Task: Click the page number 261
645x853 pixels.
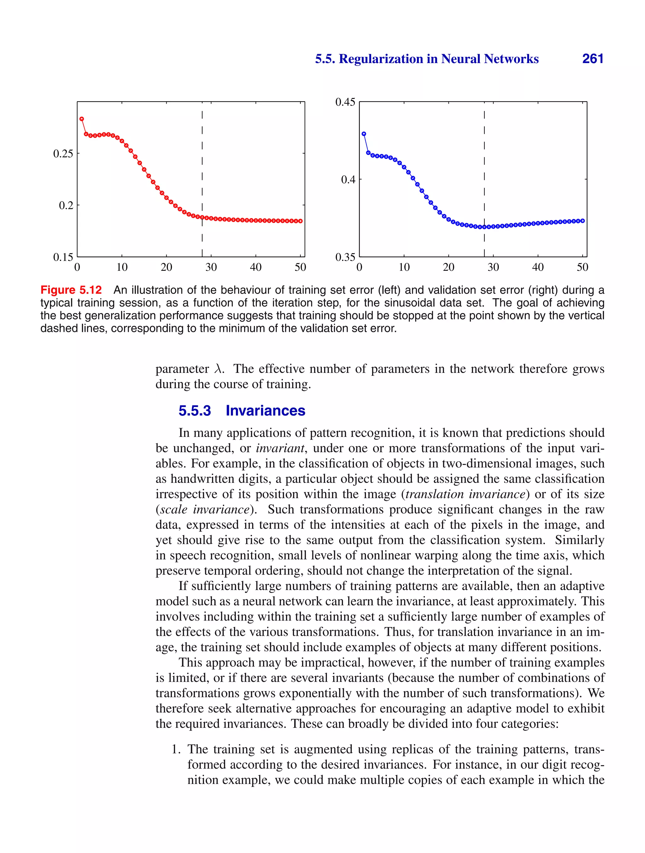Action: tap(593, 59)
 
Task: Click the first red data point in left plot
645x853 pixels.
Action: tap(82, 119)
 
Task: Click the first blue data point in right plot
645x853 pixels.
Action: tap(364, 134)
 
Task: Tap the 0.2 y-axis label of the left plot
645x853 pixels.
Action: tap(66, 206)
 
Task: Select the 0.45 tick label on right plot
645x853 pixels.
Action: tap(345, 102)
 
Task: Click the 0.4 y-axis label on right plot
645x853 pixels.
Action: tap(348, 180)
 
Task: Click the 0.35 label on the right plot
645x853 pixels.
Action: tap(345, 257)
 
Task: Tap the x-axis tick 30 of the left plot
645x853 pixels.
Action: tap(211, 267)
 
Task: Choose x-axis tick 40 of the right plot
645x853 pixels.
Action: tap(538, 267)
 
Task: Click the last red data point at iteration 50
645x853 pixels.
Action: tap(300, 221)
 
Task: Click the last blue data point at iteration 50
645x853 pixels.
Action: tap(583, 221)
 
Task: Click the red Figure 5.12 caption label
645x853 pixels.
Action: tap(71, 290)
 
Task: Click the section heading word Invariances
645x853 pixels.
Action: tap(265, 410)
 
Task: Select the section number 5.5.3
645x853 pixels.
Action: tap(195, 410)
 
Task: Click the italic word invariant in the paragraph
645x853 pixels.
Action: tap(280, 448)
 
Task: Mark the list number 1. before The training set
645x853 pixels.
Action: tap(176, 749)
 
